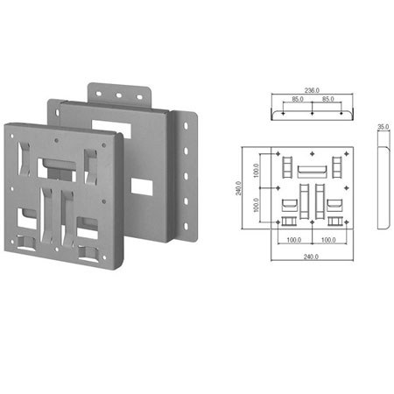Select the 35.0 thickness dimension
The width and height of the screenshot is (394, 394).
[383, 127]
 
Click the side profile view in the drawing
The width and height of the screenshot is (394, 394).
[382, 186]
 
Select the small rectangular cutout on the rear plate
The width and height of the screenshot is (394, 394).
[139, 186]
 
